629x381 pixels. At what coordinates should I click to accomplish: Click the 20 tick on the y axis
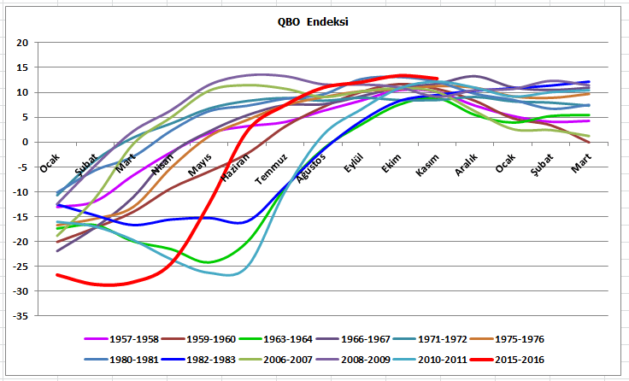[22, 43]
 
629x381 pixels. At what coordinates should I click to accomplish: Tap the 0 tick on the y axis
[25, 143]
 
